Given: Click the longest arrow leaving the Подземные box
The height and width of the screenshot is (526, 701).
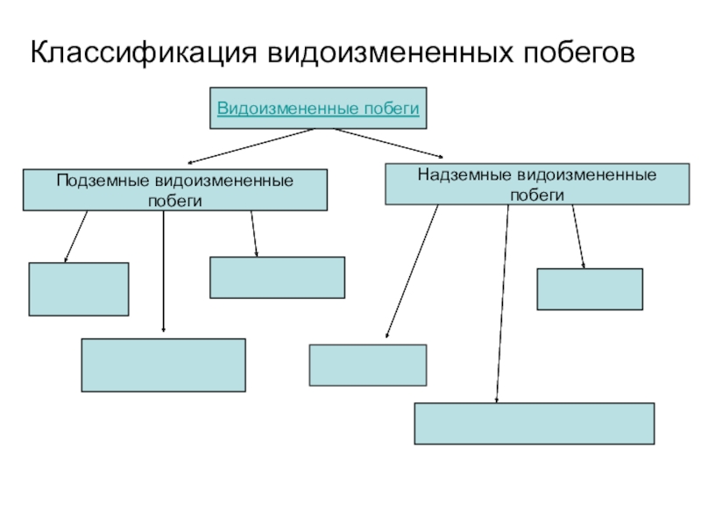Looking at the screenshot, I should (x=164, y=272).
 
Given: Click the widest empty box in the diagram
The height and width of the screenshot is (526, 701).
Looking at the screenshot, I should (x=534, y=423).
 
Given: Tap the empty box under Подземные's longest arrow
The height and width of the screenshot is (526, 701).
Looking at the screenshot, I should (x=163, y=365).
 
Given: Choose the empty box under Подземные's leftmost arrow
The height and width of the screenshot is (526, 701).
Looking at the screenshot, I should (x=79, y=289).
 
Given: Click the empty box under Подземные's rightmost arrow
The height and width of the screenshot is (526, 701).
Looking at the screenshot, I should (x=277, y=277).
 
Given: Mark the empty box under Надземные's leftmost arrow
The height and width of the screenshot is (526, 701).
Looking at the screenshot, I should (x=368, y=365).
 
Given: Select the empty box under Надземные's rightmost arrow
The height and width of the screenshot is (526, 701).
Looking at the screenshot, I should (x=589, y=289).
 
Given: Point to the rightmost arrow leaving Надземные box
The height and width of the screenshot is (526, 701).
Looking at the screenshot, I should (x=578, y=237).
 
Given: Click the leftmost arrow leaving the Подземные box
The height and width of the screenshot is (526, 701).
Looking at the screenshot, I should (x=76, y=237).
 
